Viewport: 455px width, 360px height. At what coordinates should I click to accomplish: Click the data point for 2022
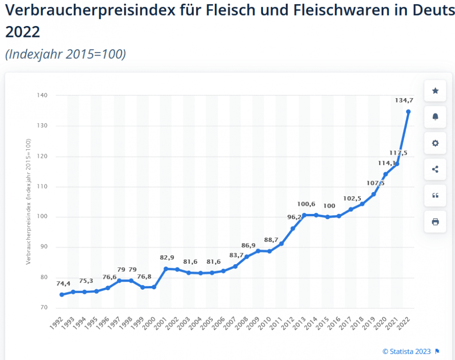pos(408,112)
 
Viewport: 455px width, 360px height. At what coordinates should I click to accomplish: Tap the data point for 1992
pos(62,295)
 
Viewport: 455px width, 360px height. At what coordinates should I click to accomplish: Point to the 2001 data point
pos(166,269)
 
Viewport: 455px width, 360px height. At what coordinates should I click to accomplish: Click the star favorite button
pos(435,91)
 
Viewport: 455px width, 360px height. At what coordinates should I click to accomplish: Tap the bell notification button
pos(435,117)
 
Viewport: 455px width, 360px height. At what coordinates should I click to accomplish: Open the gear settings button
pos(435,143)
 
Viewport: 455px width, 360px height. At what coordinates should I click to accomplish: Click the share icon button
pos(435,169)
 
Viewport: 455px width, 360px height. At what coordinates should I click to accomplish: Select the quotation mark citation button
pos(435,195)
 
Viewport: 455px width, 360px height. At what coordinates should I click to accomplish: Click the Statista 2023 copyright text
pos(407,351)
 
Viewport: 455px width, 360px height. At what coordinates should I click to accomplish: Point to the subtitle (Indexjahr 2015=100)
pos(65,55)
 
